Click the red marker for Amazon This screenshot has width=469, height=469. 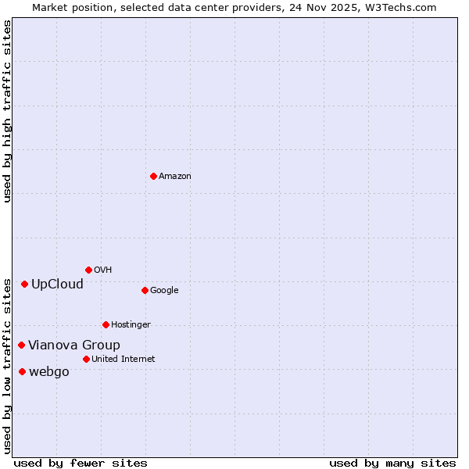click(153, 176)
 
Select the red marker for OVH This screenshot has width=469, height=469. click(88, 270)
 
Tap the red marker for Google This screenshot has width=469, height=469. click(145, 290)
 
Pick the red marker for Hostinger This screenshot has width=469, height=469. click(106, 324)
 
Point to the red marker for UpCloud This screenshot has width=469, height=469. click(24, 284)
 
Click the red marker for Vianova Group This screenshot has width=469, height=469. click(21, 345)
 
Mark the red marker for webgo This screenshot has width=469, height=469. click(22, 371)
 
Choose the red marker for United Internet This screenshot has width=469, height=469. click(86, 359)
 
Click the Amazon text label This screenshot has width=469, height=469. click(175, 177)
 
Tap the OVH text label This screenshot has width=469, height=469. click(103, 270)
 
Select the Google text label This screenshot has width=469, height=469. click(164, 291)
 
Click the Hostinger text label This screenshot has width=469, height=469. click(131, 325)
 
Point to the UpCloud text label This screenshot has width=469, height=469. click(57, 284)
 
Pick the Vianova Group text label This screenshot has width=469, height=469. click(74, 345)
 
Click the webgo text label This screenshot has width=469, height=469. click(49, 371)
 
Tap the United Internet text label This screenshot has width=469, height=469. click(123, 360)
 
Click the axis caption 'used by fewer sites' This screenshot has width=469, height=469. click(81, 463)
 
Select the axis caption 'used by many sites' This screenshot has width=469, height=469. click(392, 463)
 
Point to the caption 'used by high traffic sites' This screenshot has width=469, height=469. click(8, 111)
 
